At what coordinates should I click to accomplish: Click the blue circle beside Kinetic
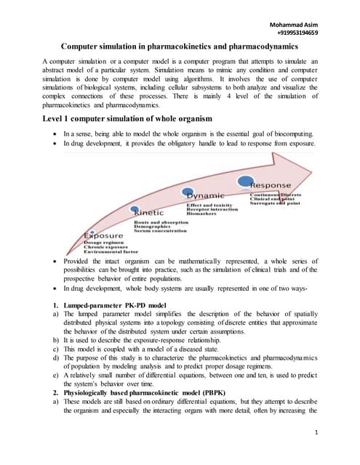tap(135, 210)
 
